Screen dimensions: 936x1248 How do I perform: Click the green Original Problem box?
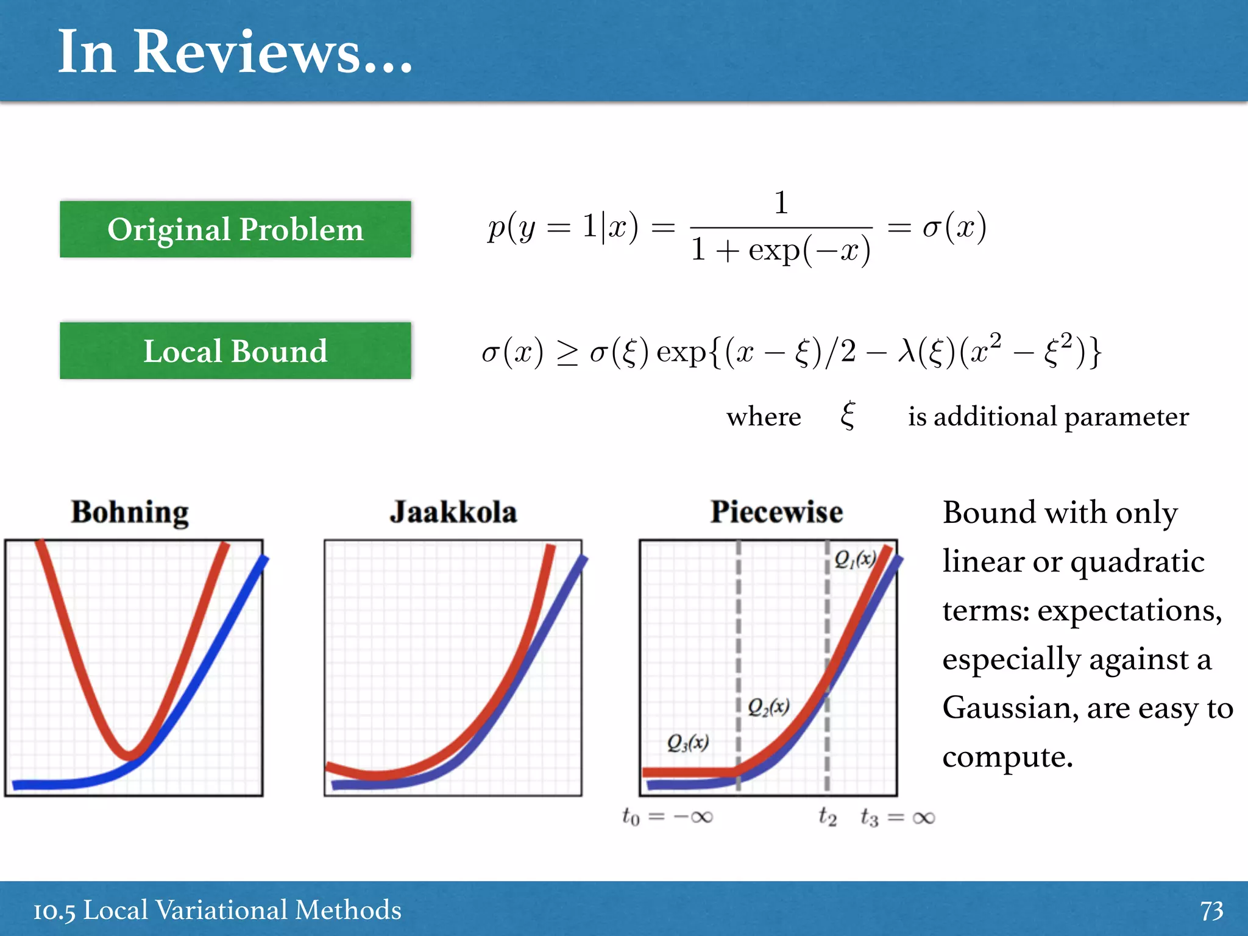[235, 229]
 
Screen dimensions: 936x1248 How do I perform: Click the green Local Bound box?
[235, 351]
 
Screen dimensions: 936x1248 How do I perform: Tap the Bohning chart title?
[130, 512]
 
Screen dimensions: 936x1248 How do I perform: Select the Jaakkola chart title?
[453, 512]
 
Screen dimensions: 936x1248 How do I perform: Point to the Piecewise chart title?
[777, 512]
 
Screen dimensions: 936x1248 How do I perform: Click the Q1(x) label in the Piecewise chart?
[855, 559]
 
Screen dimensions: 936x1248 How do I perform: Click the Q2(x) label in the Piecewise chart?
[768, 707]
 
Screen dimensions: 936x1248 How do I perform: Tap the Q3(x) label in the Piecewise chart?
[687, 742]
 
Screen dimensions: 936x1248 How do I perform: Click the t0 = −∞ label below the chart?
[667, 817]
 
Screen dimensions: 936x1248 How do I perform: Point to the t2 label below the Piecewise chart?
[828, 816]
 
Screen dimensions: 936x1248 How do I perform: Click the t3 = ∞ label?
[898, 817]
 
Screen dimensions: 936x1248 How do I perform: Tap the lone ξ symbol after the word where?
[848, 416]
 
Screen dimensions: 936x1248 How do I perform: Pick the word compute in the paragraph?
[1007, 757]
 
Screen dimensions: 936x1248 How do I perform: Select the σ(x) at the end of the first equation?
[954, 227]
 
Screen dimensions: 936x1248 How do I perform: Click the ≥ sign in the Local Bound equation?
[567, 353]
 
